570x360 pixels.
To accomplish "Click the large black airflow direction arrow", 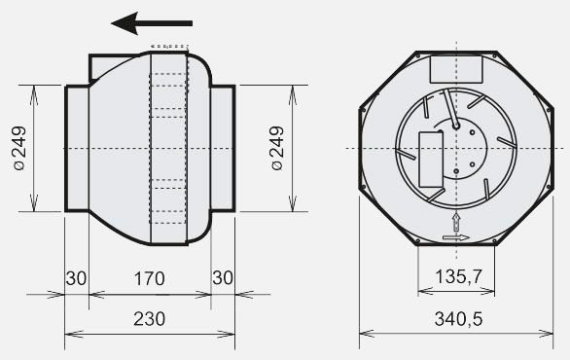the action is point(152,23).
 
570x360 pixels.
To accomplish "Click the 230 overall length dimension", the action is point(150,319).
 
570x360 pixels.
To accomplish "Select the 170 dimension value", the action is point(150,278).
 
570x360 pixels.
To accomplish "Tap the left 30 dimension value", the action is point(76,278).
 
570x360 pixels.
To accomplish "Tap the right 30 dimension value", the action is point(223,278).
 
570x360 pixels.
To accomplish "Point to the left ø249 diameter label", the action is point(20,148).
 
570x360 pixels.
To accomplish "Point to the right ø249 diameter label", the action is point(277,148).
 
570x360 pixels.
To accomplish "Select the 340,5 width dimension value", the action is point(458,319).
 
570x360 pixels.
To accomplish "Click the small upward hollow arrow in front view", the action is point(456,223).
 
